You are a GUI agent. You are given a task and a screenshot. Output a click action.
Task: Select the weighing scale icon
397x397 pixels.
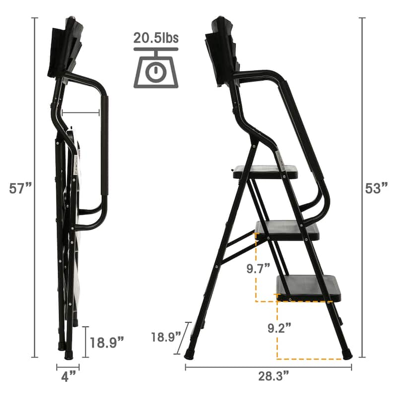click(x=156, y=69)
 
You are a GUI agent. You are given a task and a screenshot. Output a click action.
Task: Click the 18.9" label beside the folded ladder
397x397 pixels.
click(x=106, y=342)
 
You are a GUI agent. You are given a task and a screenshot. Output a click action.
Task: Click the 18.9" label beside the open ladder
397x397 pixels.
click(x=166, y=337)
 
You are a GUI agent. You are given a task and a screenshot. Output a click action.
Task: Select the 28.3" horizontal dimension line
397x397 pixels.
click(x=268, y=368)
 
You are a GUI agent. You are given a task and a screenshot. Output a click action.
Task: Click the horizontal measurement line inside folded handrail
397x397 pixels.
click(x=82, y=113)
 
